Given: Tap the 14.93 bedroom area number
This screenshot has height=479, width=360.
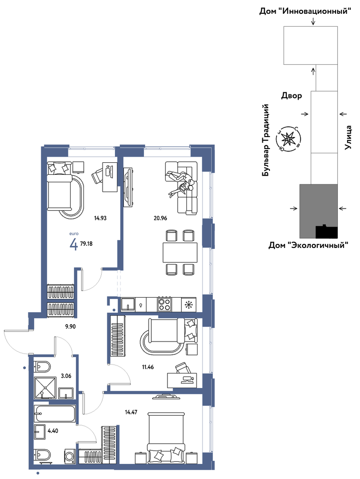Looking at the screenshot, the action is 100,218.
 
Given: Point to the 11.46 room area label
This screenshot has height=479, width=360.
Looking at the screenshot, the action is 148,367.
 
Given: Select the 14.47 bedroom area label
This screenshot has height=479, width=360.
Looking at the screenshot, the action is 131,412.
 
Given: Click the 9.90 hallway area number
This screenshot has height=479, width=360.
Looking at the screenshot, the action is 70,326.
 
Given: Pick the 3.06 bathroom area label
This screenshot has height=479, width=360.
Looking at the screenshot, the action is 66,376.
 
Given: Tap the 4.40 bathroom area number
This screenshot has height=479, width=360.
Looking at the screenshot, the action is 53,431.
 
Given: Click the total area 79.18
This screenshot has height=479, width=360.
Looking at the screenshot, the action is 86,244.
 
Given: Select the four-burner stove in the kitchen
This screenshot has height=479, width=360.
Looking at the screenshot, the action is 165,304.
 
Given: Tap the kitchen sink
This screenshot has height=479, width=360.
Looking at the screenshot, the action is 128,304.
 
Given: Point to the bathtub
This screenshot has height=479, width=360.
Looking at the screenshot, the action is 55,414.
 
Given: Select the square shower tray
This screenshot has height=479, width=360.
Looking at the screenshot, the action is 46,388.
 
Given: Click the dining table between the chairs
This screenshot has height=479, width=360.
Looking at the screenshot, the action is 180,253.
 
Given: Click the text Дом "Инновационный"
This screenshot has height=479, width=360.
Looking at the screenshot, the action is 305,11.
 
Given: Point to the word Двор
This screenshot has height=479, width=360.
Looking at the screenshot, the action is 292,96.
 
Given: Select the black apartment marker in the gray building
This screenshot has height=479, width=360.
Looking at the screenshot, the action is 327,232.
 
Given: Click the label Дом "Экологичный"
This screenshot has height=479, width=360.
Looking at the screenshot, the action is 309,245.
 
